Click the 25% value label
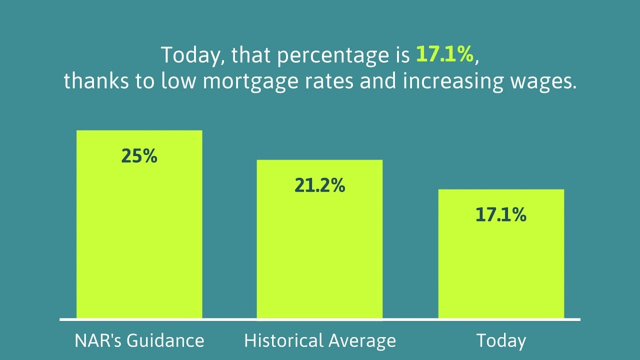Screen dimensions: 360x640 pyautogui.click(x=139, y=156)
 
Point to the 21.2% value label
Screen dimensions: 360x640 pyautogui.click(x=319, y=185)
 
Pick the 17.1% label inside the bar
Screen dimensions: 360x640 pyautogui.click(x=501, y=215)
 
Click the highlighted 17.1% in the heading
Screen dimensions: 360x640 pyautogui.click(x=444, y=55)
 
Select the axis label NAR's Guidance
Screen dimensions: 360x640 pyautogui.click(x=139, y=341)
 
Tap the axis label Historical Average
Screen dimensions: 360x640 pyautogui.click(x=319, y=341)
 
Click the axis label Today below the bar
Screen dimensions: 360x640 pyautogui.click(x=501, y=341)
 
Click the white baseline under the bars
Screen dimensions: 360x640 pyautogui.click(x=319, y=319)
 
